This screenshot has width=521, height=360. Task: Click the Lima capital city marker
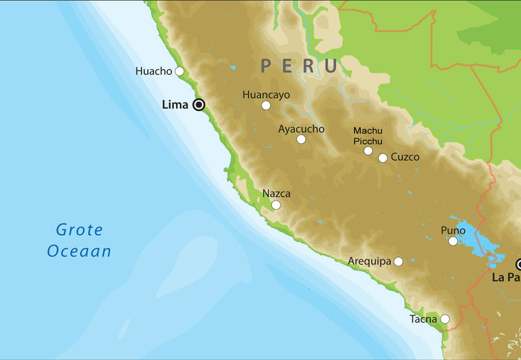tap(199, 105)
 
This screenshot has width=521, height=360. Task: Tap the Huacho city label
tap(154, 71)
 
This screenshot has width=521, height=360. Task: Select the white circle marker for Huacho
tap(180, 71)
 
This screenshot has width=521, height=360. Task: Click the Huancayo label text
tap(266, 94)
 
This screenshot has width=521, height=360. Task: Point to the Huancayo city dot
tap(266, 106)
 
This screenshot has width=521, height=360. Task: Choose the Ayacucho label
tap(301, 129)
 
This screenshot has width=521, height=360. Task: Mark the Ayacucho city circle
tap(301, 139)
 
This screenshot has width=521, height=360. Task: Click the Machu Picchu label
tap(368, 136)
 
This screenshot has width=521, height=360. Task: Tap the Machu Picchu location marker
tap(368, 150)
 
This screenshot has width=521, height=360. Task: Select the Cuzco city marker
tap(383, 158)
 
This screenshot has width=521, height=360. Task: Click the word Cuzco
tap(406, 157)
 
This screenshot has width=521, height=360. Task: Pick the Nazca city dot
tap(276, 205)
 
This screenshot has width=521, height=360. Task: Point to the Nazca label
tap(276, 194)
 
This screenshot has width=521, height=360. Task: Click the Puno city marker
tap(453, 241)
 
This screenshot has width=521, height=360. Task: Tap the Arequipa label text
tap(369, 261)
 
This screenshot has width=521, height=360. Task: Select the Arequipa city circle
tap(399, 261)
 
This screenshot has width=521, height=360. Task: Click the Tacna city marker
tap(445, 319)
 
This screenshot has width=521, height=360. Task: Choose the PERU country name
tap(299, 66)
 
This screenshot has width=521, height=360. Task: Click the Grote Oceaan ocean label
tap(79, 240)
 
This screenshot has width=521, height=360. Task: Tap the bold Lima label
tap(175, 105)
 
